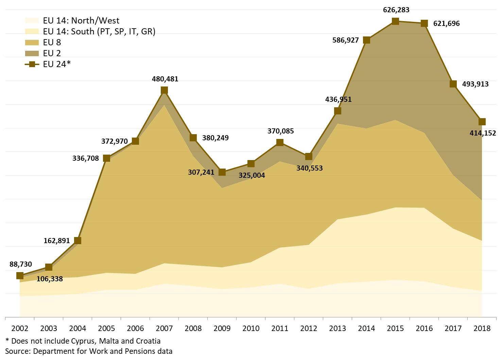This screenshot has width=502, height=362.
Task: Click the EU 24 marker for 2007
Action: (x=164, y=90)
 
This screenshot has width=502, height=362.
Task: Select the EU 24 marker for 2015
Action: (x=395, y=21)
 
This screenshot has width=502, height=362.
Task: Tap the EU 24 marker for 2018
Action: (x=482, y=122)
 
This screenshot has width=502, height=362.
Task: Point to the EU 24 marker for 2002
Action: (x=20, y=276)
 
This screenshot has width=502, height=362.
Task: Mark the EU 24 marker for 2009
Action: (x=222, y=172)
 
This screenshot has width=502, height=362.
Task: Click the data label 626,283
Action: (x=396, y=10)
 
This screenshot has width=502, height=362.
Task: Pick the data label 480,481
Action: (x=165, y=79)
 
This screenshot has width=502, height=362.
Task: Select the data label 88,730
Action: (x=21, y=264)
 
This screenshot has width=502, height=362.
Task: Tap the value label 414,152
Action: (x=483, y=133)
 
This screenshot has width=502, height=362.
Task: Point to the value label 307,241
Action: (x=201, y=172)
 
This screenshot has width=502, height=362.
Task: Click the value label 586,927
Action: (x=345, y=40)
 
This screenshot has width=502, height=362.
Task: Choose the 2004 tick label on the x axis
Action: (x=77, y=329)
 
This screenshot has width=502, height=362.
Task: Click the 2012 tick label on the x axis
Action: (x=309, y=329)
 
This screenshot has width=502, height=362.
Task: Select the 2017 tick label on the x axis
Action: (x=453, y=329)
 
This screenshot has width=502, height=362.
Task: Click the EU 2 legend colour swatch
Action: (x=32, y=53)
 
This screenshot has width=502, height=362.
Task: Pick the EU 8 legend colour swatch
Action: (x=32, y=42)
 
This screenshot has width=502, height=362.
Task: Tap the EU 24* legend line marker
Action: (x=32, y=64)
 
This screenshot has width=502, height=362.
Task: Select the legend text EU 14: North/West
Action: (x=81, y=20)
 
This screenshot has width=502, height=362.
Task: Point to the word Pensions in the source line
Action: (x=138, y=351)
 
